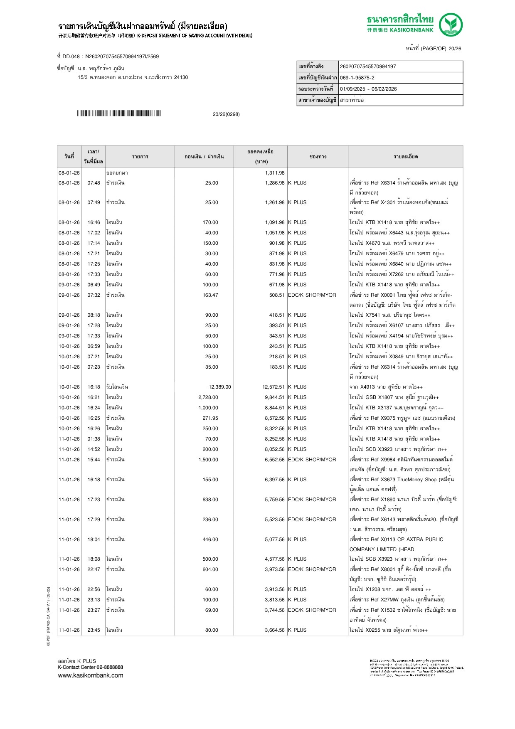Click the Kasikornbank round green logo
(x=451, y=25)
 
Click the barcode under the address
(x=118, y=113)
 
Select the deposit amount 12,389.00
(x=219, y=387)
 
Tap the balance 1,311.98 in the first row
(x=274, y=173)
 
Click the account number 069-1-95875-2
(x=357, y=78)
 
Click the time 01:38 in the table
(x=94, y=439)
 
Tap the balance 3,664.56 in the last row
(x=274, y=630)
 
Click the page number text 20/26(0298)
(x=226, y=114)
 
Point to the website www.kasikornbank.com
(x=91, y=675)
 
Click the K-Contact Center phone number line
(x=90, y=667)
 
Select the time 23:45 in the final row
(x=94, y=630)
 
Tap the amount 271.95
(x=210, y=418)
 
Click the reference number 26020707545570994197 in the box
(x=368, y=66)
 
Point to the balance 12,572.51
(x=273, y=387)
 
